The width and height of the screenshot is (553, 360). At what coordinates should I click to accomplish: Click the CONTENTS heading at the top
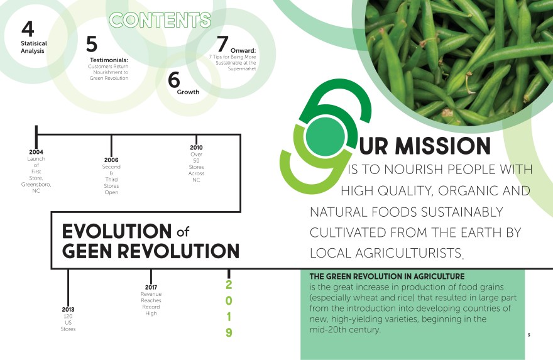click(x=160, y=19)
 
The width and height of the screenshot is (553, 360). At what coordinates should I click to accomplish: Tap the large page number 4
click(x=27, y=29)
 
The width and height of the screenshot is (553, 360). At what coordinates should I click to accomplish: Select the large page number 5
click(x=92, y=44)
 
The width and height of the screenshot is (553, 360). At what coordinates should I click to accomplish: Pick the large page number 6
click(x=174, y=80)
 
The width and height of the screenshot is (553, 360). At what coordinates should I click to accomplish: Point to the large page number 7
click(x=222, y=43)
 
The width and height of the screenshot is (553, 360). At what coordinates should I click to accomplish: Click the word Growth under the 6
click(x=188, y=92)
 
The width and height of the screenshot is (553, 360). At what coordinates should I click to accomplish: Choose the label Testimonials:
click(x=109, y=60)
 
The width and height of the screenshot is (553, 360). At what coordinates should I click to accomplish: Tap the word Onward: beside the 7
click(x=243, y=50)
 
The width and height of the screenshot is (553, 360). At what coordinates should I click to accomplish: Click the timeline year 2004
click(x=36, y=152)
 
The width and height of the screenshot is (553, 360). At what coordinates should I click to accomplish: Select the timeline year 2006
click(x=111, y=160)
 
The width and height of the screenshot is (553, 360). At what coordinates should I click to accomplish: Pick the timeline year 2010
click(x=196, y=147)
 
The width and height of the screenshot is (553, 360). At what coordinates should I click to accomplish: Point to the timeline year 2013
click(x=68, y=309)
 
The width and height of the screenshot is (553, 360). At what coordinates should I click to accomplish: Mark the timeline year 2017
click(x=151, y=287)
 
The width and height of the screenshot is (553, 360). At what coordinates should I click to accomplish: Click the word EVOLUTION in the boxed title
click(x=116, y=231)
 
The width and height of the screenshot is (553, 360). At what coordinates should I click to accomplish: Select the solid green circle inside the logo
click(x=324, y=136)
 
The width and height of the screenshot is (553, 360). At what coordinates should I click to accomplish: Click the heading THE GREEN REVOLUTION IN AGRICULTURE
click(x=386, y=276)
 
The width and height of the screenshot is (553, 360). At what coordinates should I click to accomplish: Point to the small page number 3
click(x=528, y=335)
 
